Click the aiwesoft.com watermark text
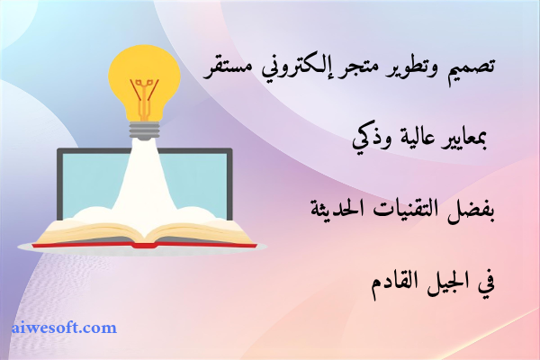tap(65, 328)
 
